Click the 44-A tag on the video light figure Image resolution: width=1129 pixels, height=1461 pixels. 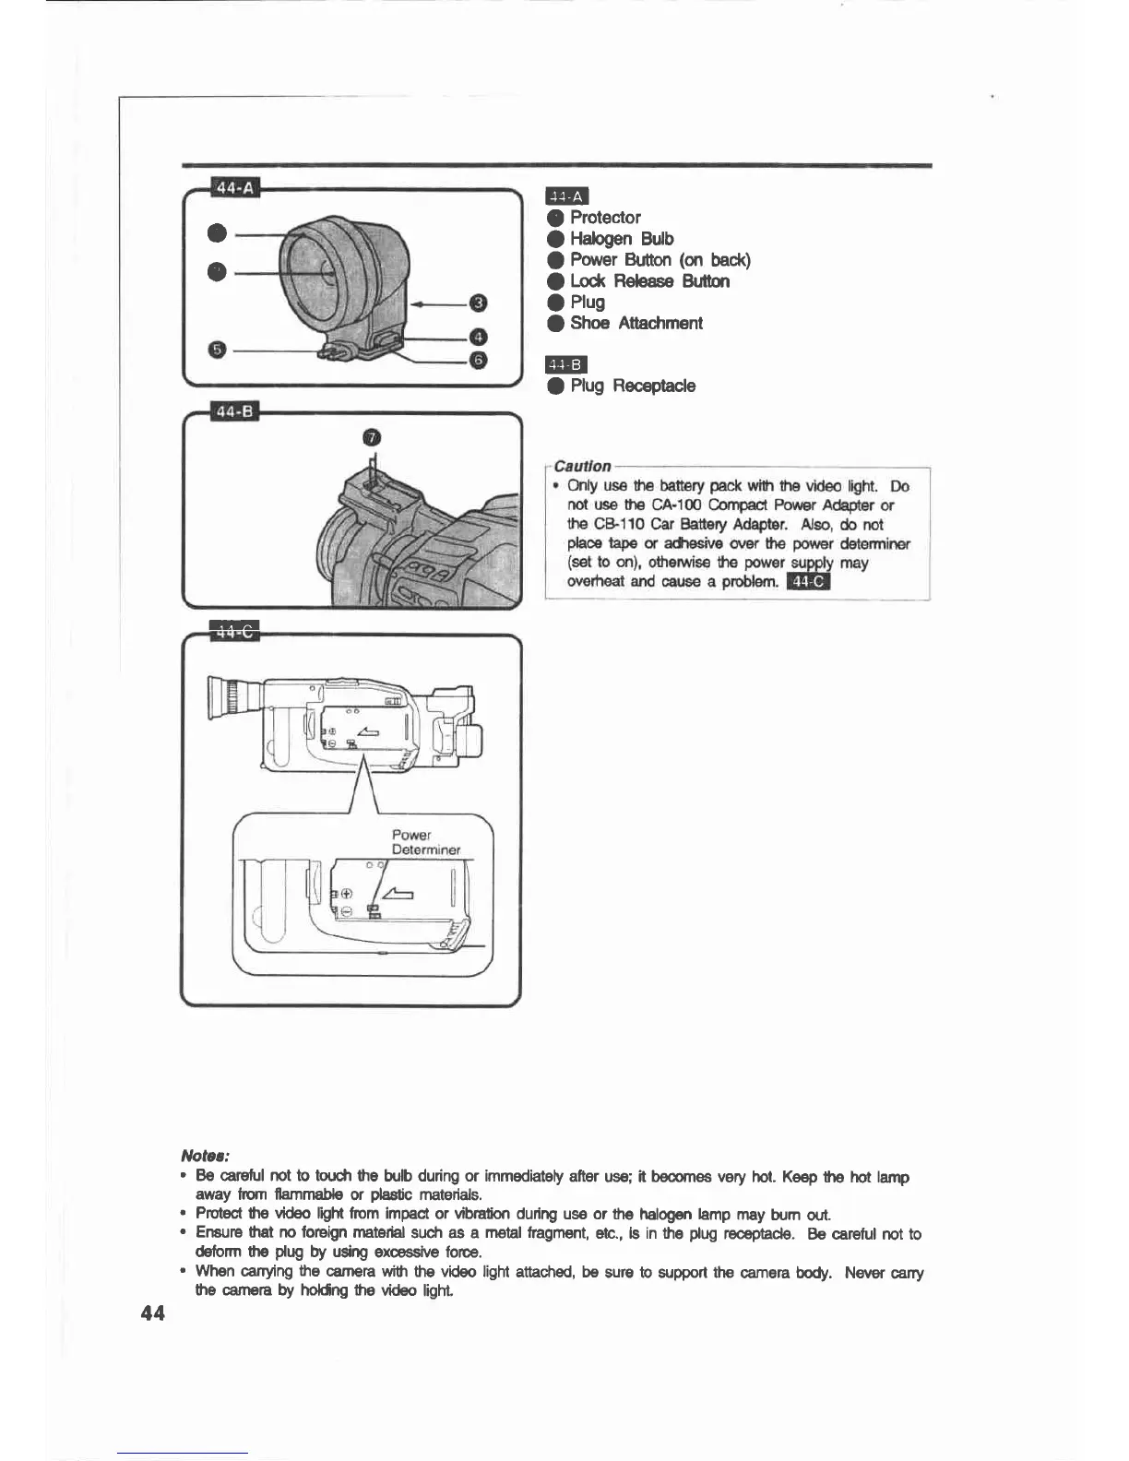235,188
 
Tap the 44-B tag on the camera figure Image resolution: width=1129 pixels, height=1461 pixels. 235,411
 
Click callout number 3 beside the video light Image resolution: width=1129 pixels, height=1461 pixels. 477,303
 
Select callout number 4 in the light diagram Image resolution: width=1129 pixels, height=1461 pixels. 477,337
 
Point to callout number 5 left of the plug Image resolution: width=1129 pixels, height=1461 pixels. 217,349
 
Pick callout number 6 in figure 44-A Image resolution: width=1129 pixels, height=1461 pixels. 477,359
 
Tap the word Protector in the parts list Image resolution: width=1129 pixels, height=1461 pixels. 604,218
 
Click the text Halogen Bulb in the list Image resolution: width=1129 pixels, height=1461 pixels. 621,239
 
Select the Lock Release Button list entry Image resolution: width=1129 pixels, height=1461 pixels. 648,281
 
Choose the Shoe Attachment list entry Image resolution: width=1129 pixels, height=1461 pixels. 636,323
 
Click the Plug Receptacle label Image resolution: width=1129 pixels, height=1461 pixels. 632,386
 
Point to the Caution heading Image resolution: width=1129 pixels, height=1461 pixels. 582,466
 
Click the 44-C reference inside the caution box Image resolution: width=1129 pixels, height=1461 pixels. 809,581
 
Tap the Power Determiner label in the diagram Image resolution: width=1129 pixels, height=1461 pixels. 424,841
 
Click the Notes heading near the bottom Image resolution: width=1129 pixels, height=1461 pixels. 205,1156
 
